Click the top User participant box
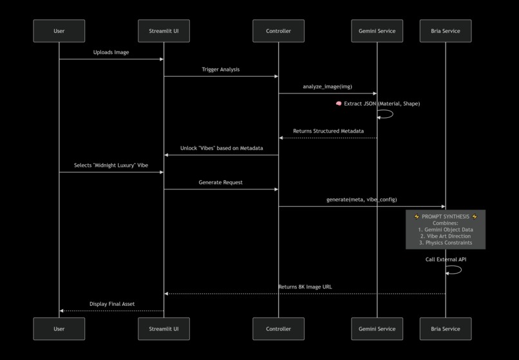(x=59, y=31)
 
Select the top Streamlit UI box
(x=164, y=31)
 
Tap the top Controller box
(x=278, y=31)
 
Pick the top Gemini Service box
(x=377, y=31)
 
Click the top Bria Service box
(x=445, y=31)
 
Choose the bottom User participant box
(x=59, y=328)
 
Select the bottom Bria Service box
(x=445, y=328)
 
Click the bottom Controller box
(x=278, y=328)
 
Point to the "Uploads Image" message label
(x=111, y=52)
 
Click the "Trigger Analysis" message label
(x=220, y=70)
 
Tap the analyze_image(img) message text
(x=327, y=86)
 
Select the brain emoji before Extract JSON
(x=339, y=104)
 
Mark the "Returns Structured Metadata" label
(x=328, y=131)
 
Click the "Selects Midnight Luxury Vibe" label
(x=111, y=166)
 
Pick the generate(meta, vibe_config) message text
(x=361, y=200)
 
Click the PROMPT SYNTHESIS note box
(x=445, y=229)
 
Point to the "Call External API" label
(x=446, y=260)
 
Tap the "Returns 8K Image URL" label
(x=305, y=287)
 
